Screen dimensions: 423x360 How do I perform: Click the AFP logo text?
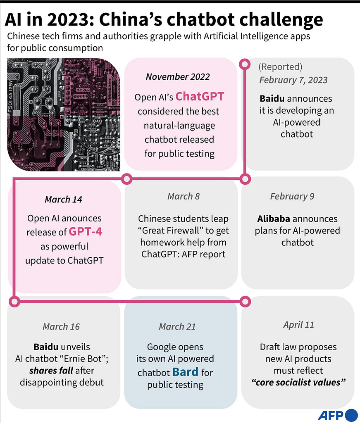tap(330, 415)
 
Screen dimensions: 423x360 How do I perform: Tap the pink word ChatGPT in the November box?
tap(200, 97)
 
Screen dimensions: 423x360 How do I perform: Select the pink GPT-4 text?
tap(86, 231)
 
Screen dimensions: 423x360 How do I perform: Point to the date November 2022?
tap(178, 77)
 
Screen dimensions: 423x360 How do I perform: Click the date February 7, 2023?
tap(293, 80)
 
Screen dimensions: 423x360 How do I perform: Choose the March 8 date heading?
tap(183, 196)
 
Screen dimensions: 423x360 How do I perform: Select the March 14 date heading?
tap(63, 200)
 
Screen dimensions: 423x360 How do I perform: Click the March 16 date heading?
tap(61, 327)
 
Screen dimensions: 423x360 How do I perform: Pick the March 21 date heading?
tap(177, 327)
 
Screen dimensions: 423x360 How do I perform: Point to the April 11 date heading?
tap(298, 325)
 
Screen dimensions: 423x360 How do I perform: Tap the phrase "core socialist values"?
tap(298, 382)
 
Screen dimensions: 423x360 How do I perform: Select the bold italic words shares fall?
tap(51, 371)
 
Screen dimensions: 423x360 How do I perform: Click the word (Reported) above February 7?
tap(280, 67)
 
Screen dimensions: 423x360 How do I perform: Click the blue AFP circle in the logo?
tap(351, 415)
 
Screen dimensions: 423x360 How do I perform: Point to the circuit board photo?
tap(64, 114)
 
